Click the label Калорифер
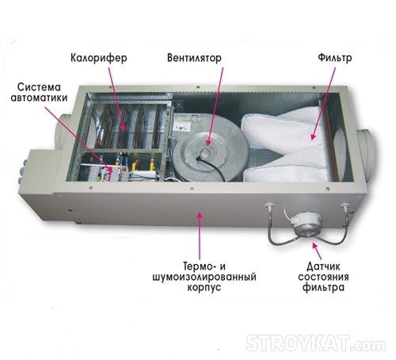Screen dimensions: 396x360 [x=99, y=58]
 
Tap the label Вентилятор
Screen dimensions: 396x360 [x=194, y=58]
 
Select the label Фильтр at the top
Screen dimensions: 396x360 [x=335, y=58]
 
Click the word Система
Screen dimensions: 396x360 [x=39, y=87]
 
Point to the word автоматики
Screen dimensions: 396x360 [x=39, y=98]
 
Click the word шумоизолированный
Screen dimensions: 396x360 [x=204, y=278]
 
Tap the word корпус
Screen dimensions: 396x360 [x=204, y=288]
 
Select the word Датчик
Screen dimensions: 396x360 [x=323, y=266]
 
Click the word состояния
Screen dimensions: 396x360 [x=324, y=278]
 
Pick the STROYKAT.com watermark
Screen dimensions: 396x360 [x=316, y=343]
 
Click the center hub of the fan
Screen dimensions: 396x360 [x=204, y=152]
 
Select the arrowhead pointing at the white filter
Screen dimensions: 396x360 [x=314, y=136]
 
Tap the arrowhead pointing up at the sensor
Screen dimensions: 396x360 [x=314, y=245]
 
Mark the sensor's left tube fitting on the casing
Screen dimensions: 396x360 [x=270, y=206]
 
